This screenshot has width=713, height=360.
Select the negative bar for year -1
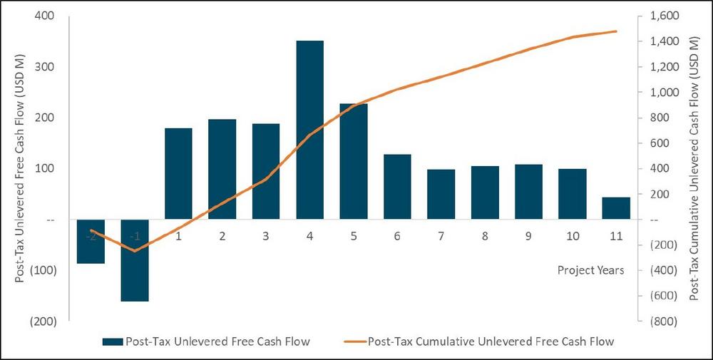point(135,260)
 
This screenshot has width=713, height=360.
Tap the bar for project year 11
point(617,208)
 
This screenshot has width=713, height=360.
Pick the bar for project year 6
point(397,187)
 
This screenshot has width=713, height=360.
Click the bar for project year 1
point(178,173)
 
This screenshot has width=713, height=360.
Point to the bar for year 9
point(528,192)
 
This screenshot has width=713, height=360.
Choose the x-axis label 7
point(441,236)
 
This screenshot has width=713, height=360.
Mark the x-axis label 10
point(572,236)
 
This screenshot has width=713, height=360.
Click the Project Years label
point(590,270)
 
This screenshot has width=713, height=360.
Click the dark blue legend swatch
point(112,341)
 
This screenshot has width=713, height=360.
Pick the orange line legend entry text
point(491,341)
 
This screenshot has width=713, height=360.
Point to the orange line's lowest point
point(135,250)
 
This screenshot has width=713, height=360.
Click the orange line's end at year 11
point(616,31)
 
